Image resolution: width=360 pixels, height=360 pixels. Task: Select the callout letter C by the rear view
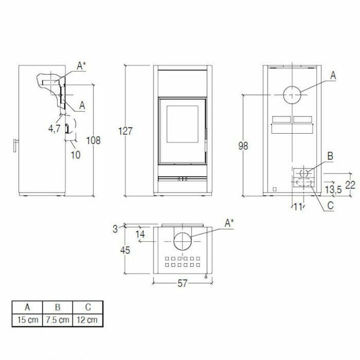331,205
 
